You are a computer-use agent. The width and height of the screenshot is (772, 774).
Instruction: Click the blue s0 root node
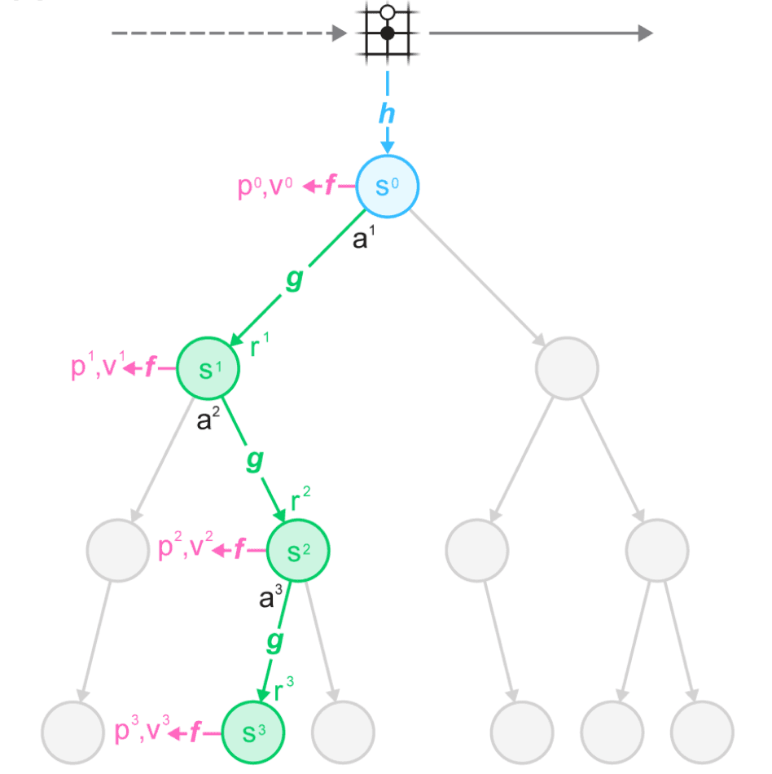(x=388, y=187)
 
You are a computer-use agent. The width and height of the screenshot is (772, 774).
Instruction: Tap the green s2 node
(x=298, y=551)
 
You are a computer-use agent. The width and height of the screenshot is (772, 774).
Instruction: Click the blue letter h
(x=387, y=112)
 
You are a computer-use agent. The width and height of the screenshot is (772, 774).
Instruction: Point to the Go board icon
(x=388, y=33)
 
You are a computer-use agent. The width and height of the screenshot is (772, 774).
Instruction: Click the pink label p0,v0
(x=265, y=187)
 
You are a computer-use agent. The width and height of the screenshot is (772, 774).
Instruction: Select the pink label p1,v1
(x=95, y=367)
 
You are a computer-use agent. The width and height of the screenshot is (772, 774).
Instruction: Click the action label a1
(x=363, y=240)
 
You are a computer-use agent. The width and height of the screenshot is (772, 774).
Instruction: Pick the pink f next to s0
(x=330, y=187)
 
